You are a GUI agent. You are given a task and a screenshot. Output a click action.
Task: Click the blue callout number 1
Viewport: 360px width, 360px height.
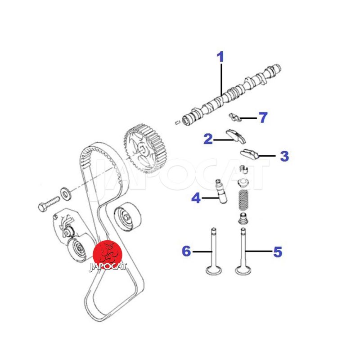[220, 57]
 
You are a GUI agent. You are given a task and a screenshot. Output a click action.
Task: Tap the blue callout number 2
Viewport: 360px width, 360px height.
[207, 139]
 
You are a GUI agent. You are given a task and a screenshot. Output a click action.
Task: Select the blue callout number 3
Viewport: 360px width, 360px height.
[284, 156]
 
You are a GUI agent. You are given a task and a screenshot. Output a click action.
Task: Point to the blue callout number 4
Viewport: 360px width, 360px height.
[196, 198]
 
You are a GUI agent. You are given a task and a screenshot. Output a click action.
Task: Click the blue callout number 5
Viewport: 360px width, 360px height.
[278, 252]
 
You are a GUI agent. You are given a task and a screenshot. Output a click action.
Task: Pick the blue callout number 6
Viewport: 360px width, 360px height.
[186, 251]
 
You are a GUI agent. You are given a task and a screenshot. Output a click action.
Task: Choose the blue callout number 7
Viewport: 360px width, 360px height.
[263, 118]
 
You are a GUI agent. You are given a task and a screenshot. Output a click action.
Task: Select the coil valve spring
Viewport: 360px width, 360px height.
[243, 200]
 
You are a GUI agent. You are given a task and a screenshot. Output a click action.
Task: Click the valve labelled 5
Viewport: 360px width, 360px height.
[243, 252]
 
